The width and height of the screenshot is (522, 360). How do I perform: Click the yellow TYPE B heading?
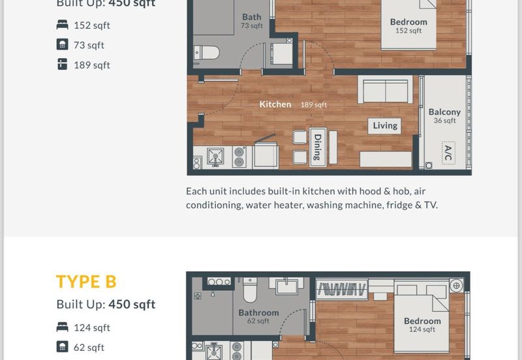tap(86, 282)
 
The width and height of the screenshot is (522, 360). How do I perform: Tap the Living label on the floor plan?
tap(384, 126)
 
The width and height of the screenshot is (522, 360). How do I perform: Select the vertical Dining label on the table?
tap(318, 147)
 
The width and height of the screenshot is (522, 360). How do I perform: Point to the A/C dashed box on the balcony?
tap(448, 153)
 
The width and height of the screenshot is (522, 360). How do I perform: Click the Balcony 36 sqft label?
tap(444, 115)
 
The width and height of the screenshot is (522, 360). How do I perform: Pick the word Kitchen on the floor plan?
tap(275, 104)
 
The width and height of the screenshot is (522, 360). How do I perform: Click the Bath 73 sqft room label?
tap(252, 21)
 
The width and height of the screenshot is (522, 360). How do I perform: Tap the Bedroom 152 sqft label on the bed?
tap(408, 25)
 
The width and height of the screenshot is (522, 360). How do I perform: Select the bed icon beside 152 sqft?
tap(63, 25)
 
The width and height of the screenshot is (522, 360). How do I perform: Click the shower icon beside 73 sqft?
tap(63, 45)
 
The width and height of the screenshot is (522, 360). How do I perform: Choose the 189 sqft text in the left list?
tap(92, 65)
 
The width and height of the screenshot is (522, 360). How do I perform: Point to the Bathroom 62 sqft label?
tap(258, 316)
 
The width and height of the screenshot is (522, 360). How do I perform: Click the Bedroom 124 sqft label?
tap(422, 324)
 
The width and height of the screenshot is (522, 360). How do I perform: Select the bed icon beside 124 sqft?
tap(63, 327)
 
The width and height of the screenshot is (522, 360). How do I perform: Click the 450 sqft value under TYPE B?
tap(132, 305)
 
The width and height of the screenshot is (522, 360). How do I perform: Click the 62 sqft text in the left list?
tap(89, 348)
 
